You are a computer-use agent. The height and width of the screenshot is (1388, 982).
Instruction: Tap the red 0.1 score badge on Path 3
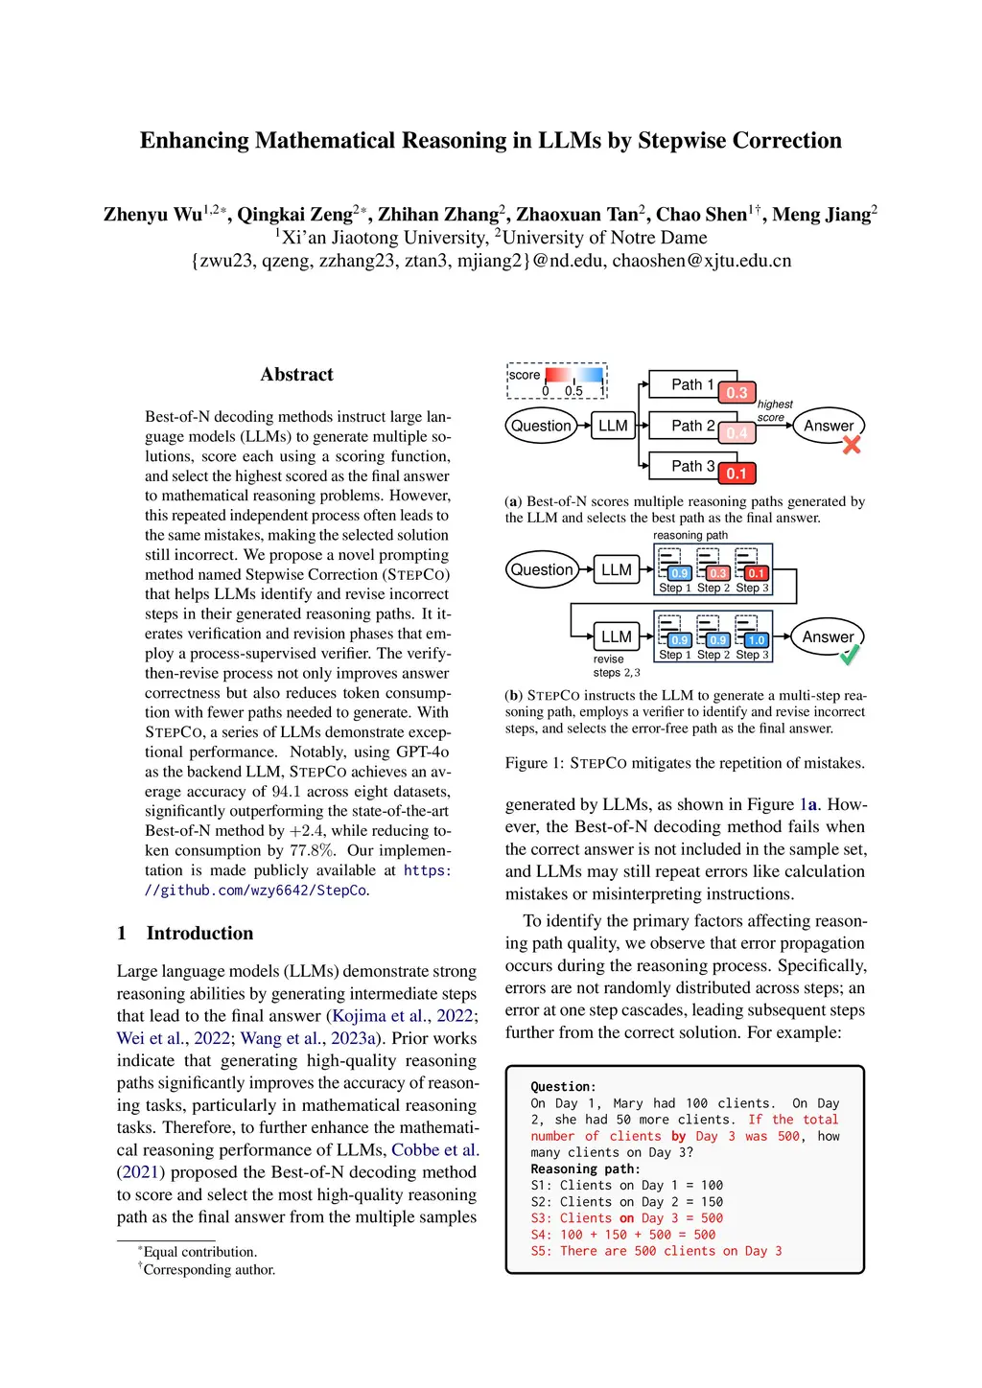click(x=736, y=474)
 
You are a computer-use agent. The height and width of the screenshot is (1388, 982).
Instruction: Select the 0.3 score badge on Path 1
click(x=736, y=392)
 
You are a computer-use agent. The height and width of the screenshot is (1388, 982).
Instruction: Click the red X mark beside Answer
click(x=852, y=445)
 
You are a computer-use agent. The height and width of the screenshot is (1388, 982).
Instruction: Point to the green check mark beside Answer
click(x=850, y=655)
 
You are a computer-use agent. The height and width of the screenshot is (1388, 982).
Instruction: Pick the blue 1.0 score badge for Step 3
click(x=757, y=640)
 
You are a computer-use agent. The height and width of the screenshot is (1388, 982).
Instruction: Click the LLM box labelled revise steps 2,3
click(x=616, y=636)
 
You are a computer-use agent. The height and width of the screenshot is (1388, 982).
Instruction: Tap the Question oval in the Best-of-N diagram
click(x=541, y=426)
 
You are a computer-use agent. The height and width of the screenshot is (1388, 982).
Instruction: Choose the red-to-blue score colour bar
click(x=574, y=375)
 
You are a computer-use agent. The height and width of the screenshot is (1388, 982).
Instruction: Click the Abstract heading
click(x=296, y=375)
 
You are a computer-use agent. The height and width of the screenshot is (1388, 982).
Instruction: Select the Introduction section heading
click(x=199, y=934)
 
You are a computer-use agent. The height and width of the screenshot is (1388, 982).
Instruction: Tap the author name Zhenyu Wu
click(x=153, y=215)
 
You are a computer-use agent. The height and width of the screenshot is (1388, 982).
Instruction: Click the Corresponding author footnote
click(x=209, y=1270)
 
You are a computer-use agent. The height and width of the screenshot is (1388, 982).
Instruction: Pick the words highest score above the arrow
click(x=774, y=410)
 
